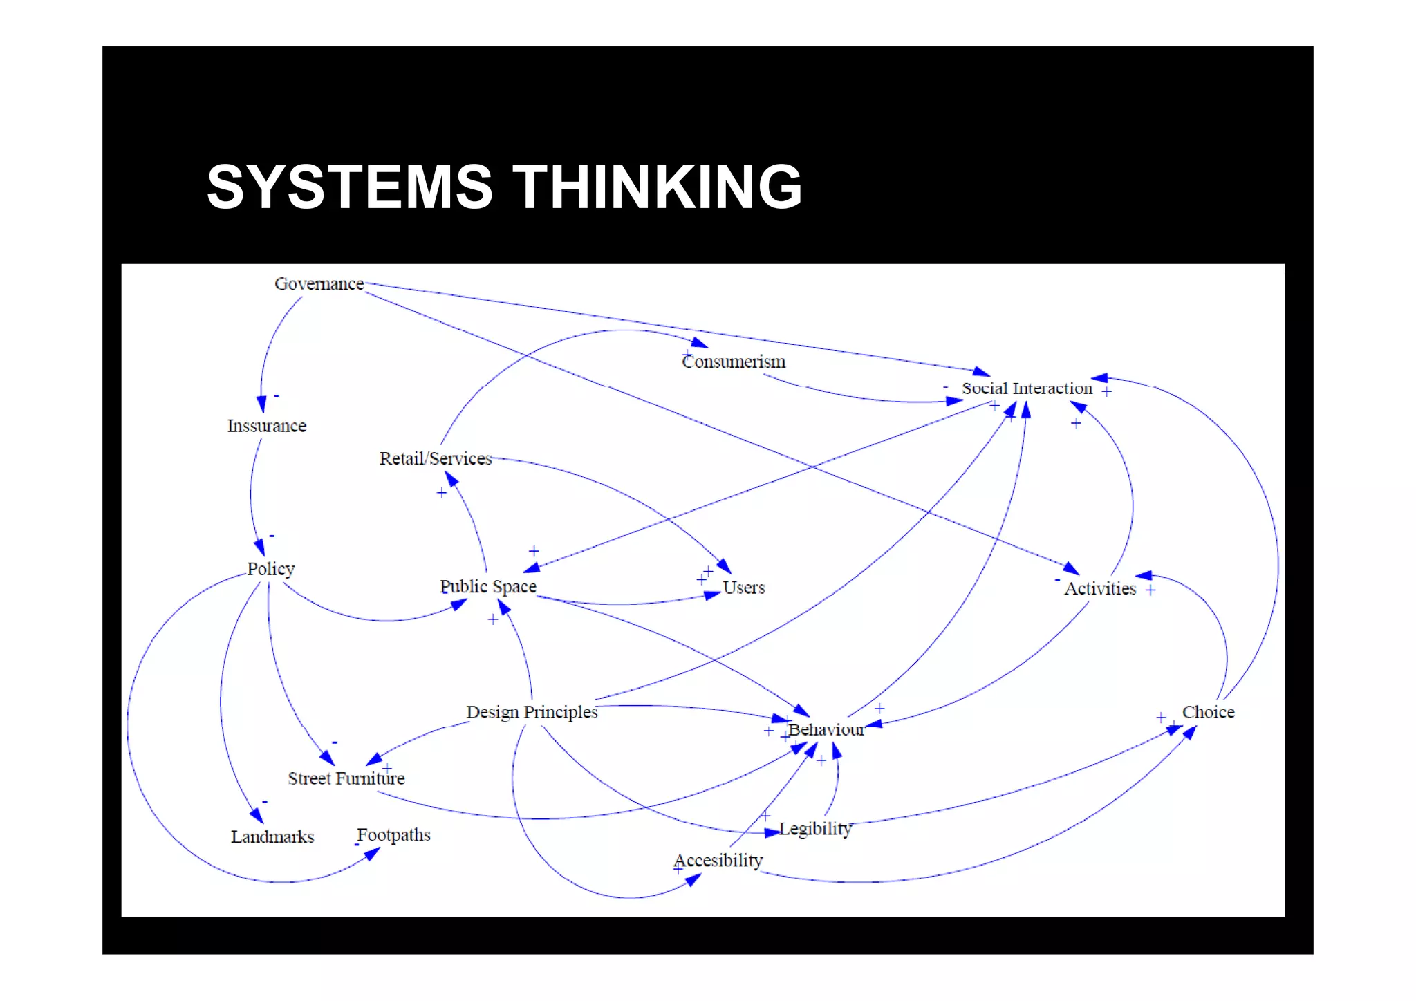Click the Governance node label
click(319, 284)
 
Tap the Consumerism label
click(734, 362)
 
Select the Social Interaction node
click(1027, 389)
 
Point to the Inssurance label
click(267, 426)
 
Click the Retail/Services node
click(435, 458)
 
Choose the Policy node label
click(271, 569)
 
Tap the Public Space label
click(488, 586)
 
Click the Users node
click(744, 588)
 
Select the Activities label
click(1100, 589)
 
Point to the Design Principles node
click(532, 712)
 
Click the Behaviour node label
click(826, 730)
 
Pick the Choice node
click(1208, 712)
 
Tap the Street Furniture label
click(346, 778)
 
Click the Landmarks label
click(272, 837)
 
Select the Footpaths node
click(393, 835)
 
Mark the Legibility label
click(815, 829)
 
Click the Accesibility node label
click(718, 861)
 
